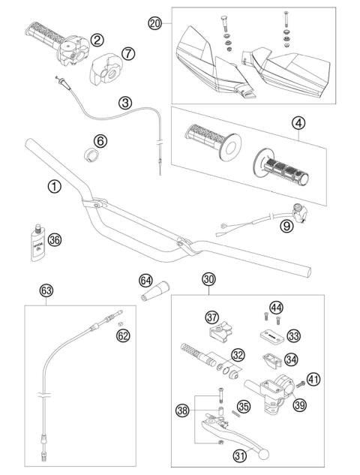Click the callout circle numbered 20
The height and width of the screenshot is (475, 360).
coord(155,23)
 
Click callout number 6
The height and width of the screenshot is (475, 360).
coord(100,140)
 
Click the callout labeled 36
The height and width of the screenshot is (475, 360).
coord(53,241)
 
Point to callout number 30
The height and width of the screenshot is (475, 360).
coord(209,278)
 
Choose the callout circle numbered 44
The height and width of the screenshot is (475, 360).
coord(298,307)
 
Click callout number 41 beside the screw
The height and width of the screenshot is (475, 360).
coord(313,379)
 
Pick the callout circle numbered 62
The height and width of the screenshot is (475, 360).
coord(123,336)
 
